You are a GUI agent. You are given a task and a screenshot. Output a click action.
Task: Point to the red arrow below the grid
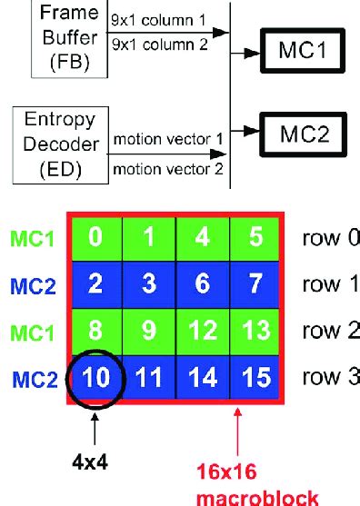(x=238, y=436)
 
